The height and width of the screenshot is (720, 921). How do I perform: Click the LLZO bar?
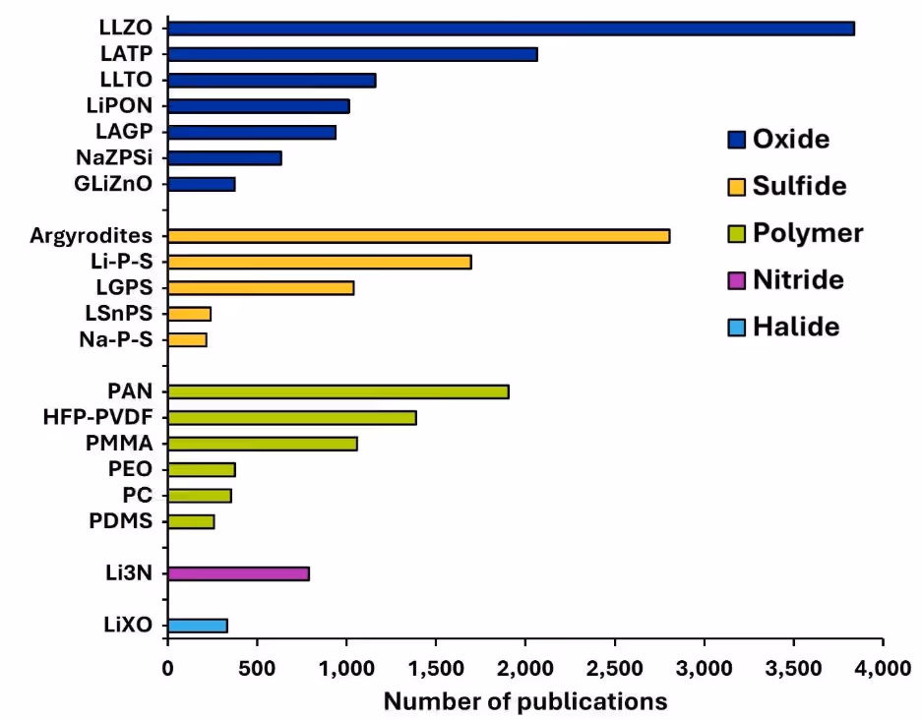click(511, 29)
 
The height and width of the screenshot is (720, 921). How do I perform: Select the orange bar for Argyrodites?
click(418, 236)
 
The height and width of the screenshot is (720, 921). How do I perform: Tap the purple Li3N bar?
click(238, 573)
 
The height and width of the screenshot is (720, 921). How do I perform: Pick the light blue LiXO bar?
click(198, 626)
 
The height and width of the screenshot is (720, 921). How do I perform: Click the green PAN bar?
click(338, 391)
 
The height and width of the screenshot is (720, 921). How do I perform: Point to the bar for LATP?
click(352, 54)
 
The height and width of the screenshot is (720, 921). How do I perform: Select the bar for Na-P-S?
click(187, 339)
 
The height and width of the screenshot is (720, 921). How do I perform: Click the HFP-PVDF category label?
click(97, 418)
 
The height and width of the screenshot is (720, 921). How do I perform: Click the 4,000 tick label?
click(883, 670)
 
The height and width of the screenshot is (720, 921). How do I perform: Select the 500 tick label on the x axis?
click(257, 670)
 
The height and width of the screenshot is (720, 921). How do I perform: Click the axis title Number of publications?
click(524, 701)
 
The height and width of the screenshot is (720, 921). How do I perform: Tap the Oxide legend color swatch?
click(736, 139)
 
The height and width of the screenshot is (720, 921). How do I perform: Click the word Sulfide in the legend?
click(799, 186)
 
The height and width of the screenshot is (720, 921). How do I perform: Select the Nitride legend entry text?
click(798, 280)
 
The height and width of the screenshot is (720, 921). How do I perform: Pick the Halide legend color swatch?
click(736, 328)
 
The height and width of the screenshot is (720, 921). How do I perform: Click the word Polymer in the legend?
click(807, 233)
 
